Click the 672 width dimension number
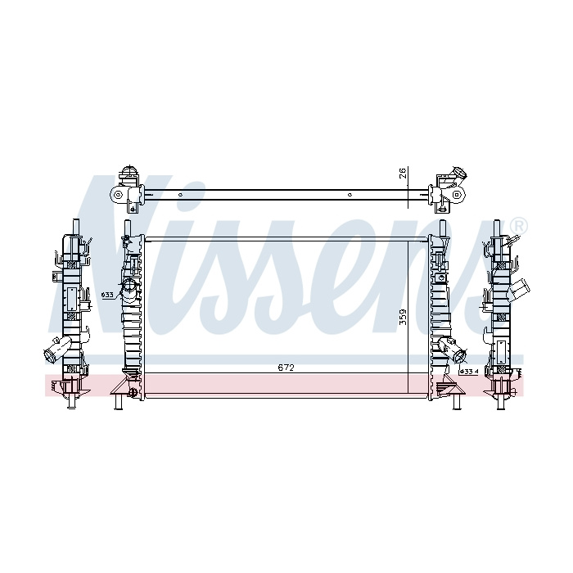point(286,368)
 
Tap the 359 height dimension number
point(403,317)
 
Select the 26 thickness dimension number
point(403,174)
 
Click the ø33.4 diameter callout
point(469,372)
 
